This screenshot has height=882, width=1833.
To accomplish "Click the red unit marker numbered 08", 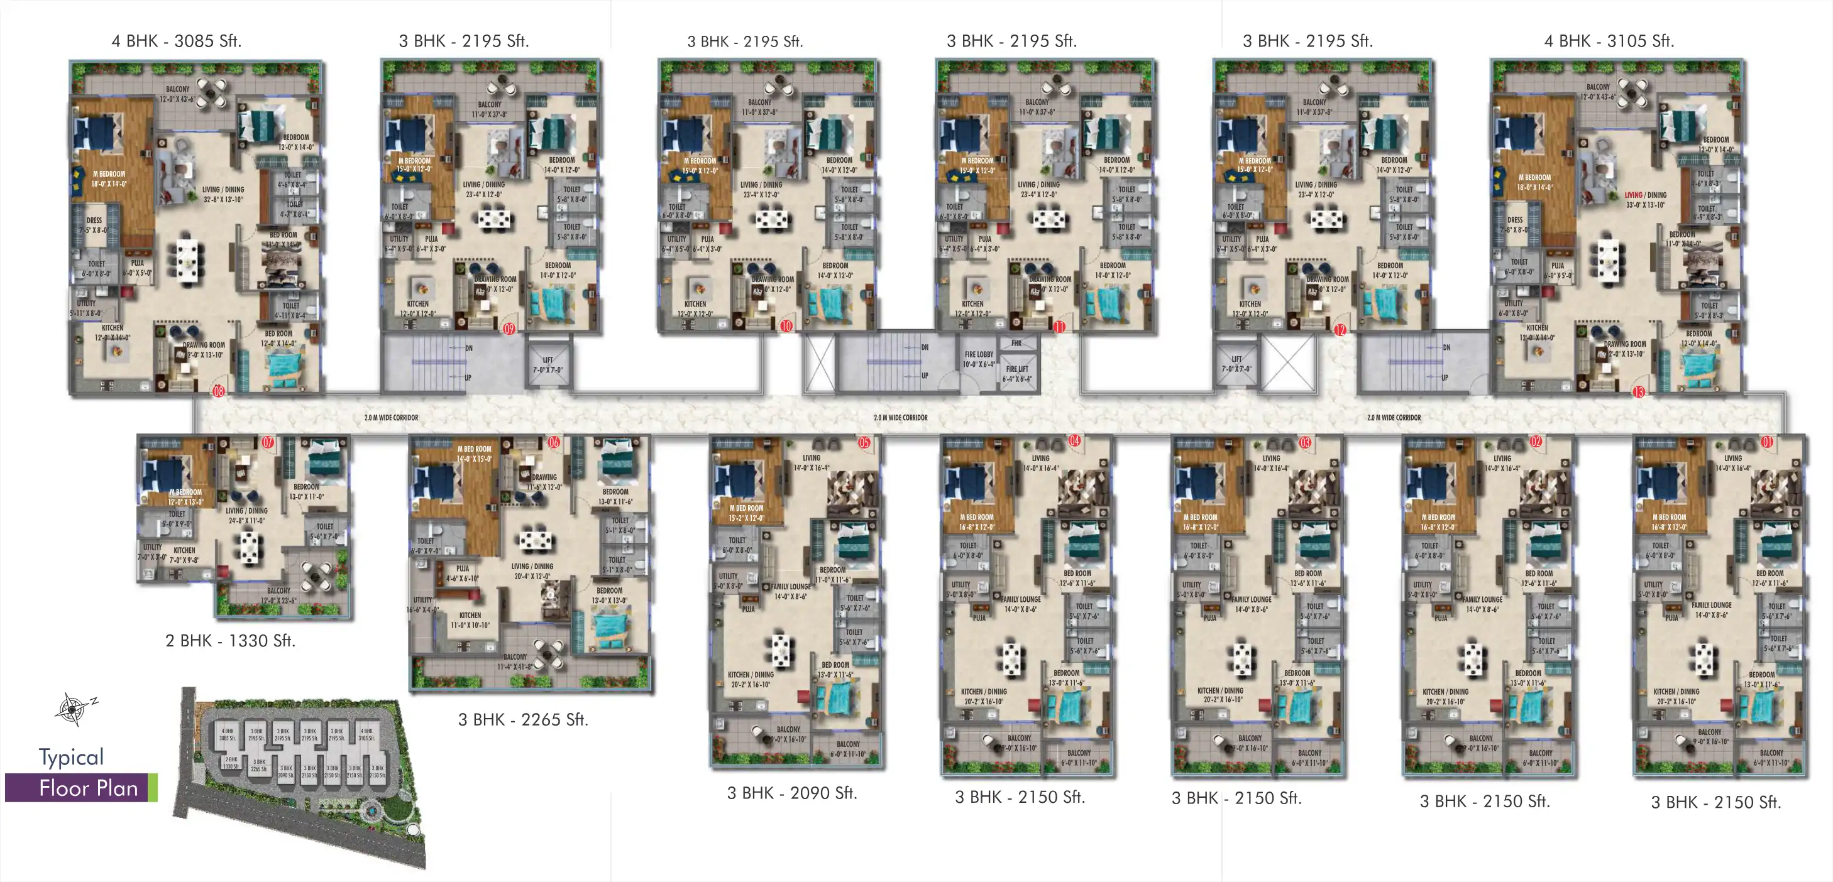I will [x=219, y=391].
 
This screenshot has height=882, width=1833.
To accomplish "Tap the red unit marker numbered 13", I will [x=1639, y=391].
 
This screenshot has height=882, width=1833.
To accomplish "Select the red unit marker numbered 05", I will [x=864, y=442].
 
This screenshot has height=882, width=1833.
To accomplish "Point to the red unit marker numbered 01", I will [x=1768, y=442].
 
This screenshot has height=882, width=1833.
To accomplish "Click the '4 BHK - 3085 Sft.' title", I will [x=177, y=41].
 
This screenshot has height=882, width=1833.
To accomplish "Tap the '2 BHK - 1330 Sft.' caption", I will [x=230, y=641].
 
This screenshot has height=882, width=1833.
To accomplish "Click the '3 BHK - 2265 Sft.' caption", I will [x=523, y=720].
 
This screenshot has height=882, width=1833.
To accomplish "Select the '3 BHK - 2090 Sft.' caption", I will [x=792, y=793].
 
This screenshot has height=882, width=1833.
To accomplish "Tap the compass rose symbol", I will [x=72, y=709].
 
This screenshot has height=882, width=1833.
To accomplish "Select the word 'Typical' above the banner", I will [x=71, y=758].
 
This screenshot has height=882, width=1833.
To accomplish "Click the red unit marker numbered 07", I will [x=268, y=442].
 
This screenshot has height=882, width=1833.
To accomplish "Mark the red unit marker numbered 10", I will [x=786, y=327].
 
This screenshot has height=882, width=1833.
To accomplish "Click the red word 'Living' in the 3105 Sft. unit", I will [x=1633, y=195].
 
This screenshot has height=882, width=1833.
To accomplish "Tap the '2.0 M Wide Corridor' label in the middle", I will [x=900, y=418].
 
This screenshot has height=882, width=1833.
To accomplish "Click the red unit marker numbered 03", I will [x=1305, y=442].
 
